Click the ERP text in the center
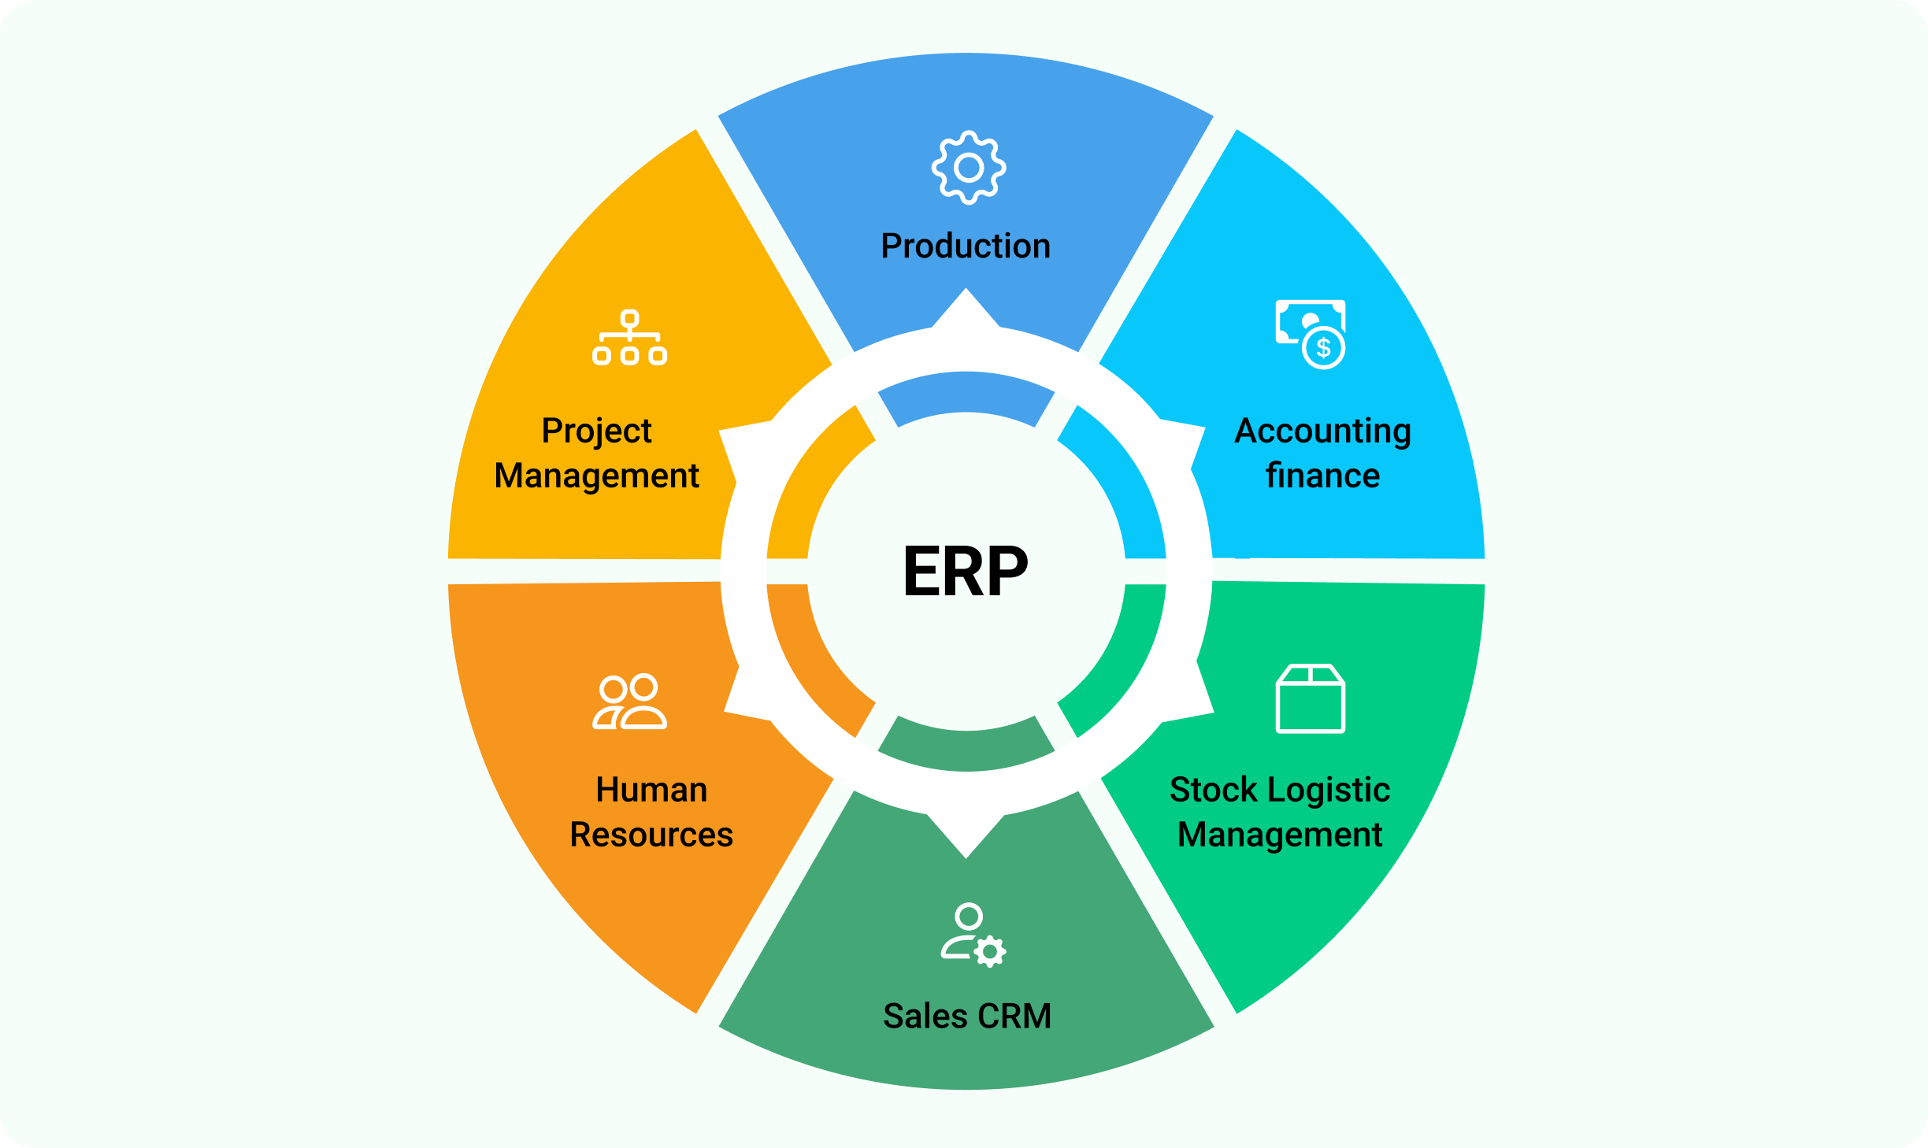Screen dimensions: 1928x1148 966,571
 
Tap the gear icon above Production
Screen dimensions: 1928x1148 969,168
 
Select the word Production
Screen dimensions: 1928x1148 966,246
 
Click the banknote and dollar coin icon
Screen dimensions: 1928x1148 1311,335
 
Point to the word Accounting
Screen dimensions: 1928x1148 1322,432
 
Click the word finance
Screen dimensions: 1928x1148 1322,476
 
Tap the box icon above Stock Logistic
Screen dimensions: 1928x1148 1311,698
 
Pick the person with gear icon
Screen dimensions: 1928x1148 973,935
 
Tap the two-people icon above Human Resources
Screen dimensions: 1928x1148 630,702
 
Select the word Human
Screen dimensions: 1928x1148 651,790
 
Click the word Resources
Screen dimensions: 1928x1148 651,835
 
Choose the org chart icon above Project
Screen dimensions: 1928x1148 630,337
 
